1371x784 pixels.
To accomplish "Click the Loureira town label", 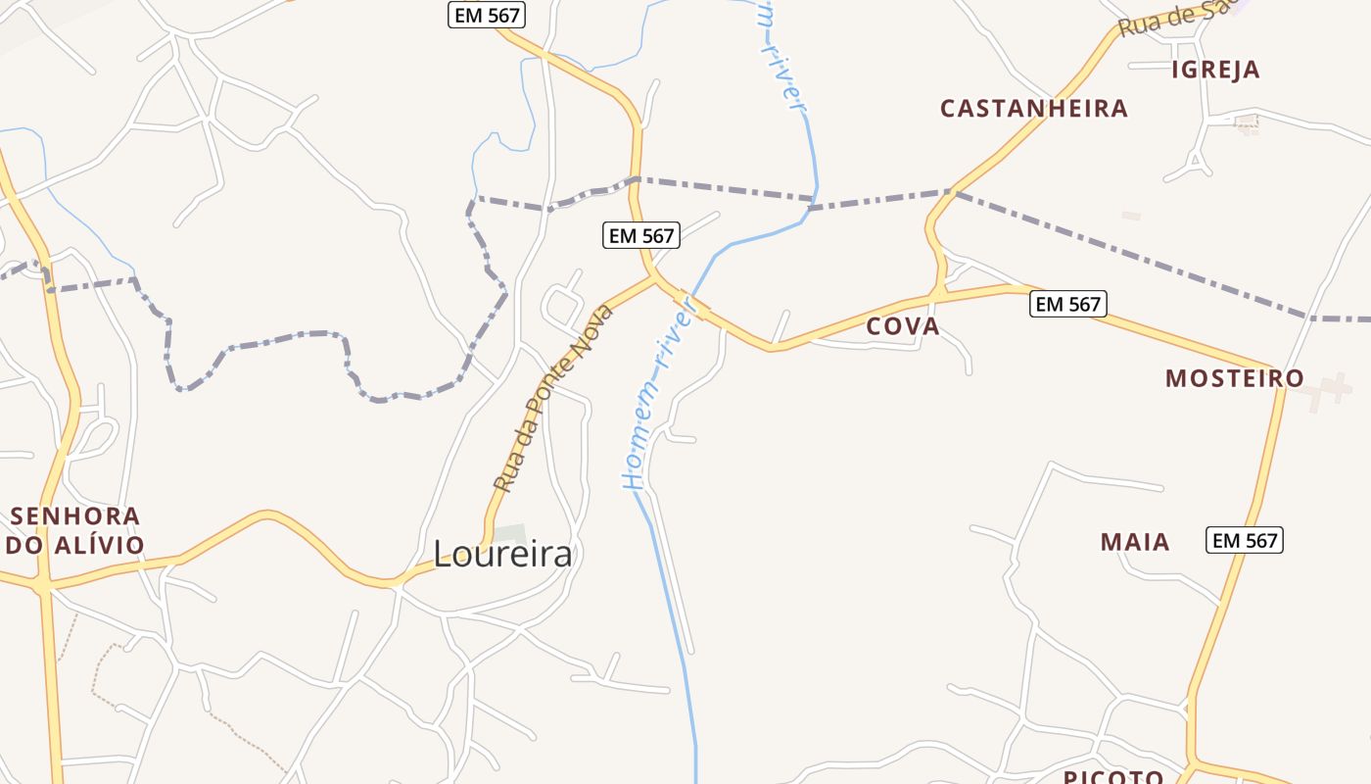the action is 502,555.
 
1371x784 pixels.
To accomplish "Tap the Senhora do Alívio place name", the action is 75,530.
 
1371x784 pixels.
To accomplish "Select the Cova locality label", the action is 903,326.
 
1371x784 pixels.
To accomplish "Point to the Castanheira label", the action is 1034,108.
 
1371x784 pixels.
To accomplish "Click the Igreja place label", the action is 1215,70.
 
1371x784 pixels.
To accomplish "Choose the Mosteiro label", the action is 1234,378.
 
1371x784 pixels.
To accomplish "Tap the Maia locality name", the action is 1135,541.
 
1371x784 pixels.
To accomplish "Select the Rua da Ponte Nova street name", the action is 553,398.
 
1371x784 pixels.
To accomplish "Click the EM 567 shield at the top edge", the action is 487,15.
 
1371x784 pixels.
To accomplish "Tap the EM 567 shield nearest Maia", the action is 1245,540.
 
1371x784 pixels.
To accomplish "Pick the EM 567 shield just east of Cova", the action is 1067,304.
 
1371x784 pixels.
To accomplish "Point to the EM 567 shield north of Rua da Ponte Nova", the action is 641,235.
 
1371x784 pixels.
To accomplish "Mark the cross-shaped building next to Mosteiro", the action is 1328,390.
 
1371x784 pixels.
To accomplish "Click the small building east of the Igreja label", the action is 1247,123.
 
